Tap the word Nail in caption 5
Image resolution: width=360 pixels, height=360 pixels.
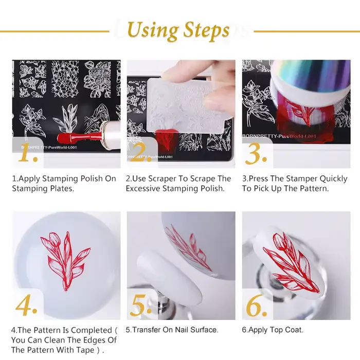(x=182, y=330)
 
